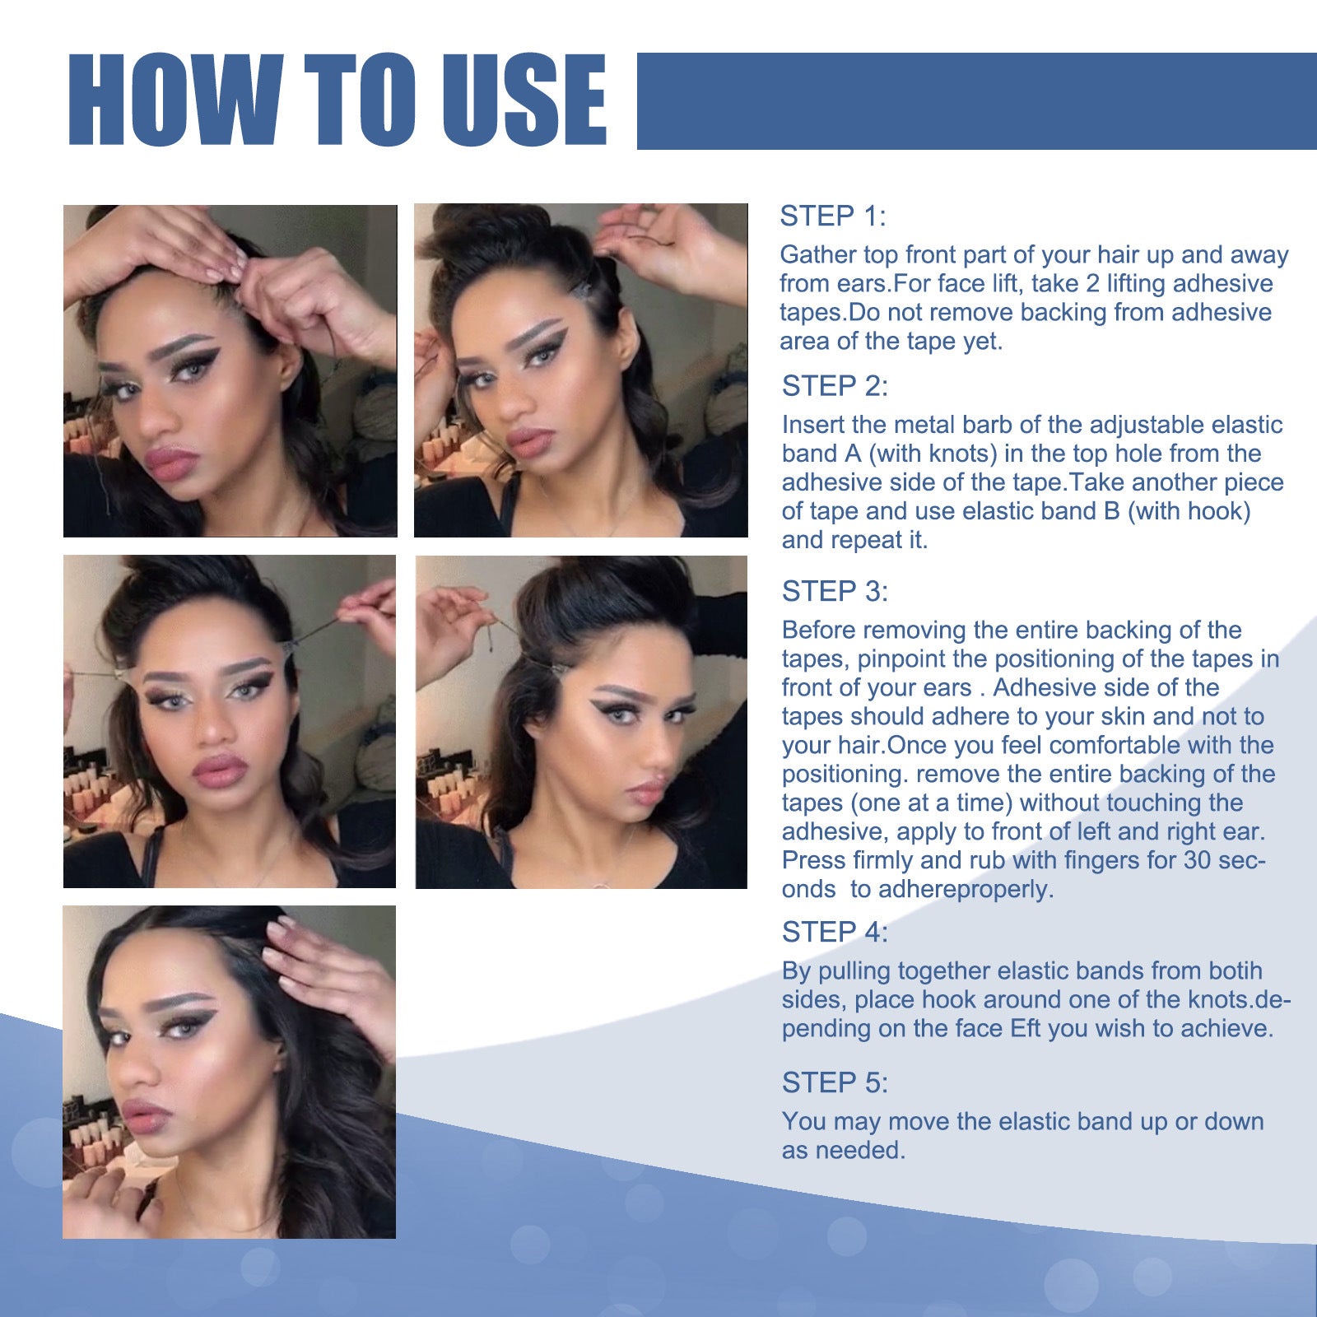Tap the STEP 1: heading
(832, 216)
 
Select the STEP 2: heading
(835, 385)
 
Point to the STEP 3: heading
(835, 591)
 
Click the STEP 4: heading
(835, 932)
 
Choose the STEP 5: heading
(835, 1082)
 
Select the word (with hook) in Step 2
(1189, 511)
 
